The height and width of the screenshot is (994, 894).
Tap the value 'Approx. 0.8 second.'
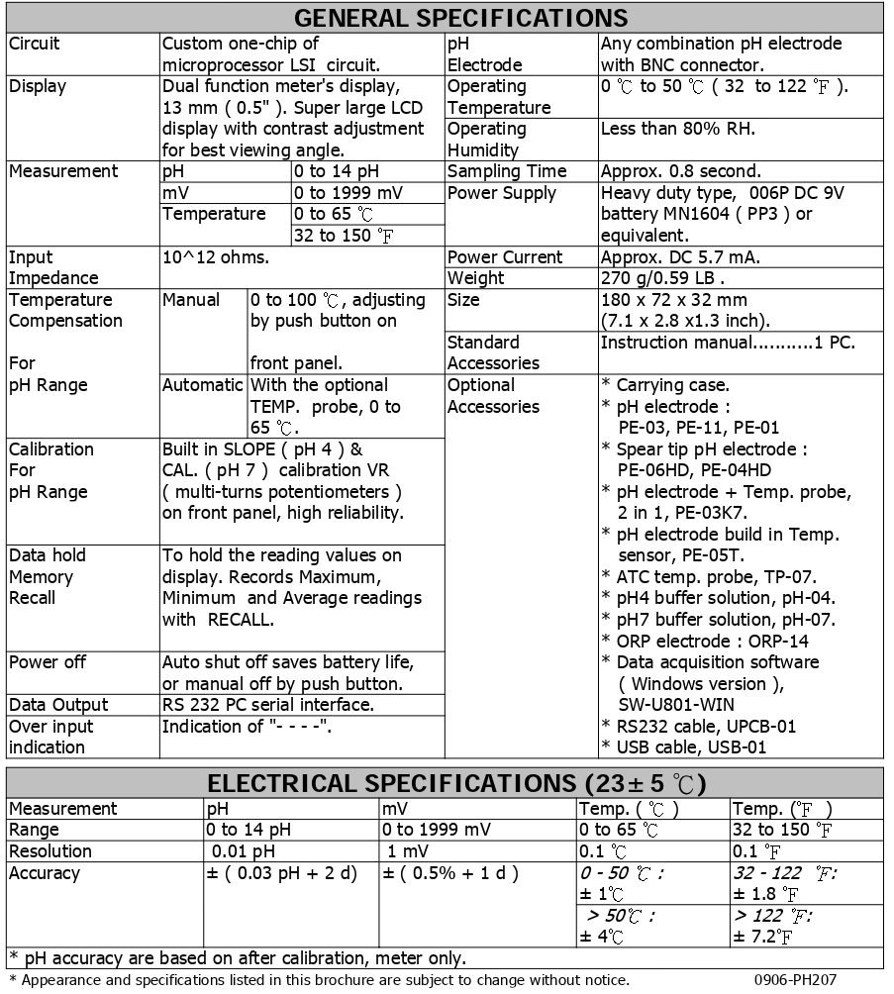pyautogui.click(x=681, y=171)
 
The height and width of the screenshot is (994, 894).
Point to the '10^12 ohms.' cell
pyautogui.click(x=215, y=257)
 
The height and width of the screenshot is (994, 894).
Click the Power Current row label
pyautogui.click(x=504, y=257)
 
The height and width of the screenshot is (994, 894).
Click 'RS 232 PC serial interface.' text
pyautogui.click(x=267, y=705)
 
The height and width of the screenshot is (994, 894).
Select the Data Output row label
pyautogui.click(x=58, y=705)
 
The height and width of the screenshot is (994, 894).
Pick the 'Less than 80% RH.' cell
pyautogui.click(x=677, y=129)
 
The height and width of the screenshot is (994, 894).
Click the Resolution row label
pyautogui.click(x=50, y=851)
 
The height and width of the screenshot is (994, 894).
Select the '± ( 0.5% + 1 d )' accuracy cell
pyautogui.click(x=450, y=873)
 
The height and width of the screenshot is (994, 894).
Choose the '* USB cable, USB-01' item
pyautogui.click(x=684, y=747)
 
